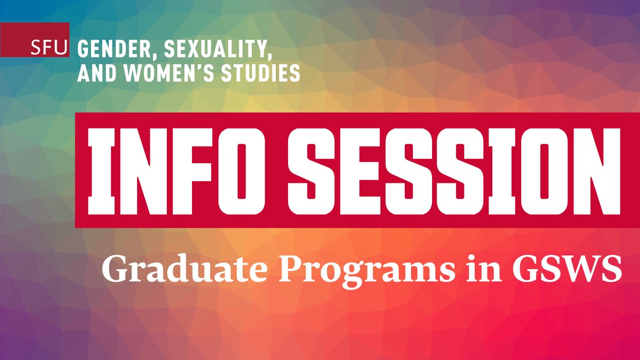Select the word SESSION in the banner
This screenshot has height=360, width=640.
(x=447, y=171)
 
